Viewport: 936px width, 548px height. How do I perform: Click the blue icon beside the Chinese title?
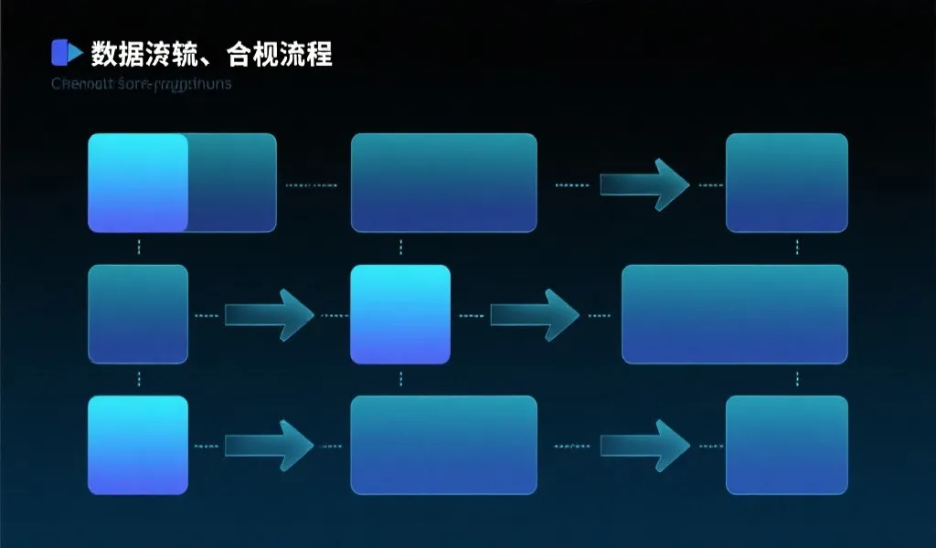pos(60,53)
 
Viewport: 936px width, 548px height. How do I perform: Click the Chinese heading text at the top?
pos(211,54)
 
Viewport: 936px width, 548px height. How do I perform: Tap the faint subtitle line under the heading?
pos(142,85)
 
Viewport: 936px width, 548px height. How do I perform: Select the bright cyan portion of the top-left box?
pos(138,183)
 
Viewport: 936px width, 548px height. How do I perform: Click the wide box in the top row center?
pos(443,183)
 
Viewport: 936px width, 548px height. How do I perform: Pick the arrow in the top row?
pos(643,184)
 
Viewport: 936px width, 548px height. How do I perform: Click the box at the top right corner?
pos(786,183)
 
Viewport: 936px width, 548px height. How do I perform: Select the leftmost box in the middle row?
pos(138,314)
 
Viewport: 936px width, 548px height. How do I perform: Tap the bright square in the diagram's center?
pos(400,314)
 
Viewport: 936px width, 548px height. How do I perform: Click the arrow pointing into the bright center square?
pos(268,315)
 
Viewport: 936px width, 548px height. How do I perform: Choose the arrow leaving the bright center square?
pos(534,315)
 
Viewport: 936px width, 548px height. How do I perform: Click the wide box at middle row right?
pos(734,314)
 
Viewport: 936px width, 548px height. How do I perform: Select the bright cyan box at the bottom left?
pos(138,445)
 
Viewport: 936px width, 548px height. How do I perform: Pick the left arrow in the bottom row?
pos(268,446)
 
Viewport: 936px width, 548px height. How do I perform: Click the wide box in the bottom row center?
pos(443,445)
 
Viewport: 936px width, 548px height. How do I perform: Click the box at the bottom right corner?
pos(786,445)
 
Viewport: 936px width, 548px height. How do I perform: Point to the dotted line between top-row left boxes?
pos(311,184)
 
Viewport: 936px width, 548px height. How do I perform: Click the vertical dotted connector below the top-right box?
pos(797,248)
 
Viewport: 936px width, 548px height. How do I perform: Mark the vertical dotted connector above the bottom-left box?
pos(138,378)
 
